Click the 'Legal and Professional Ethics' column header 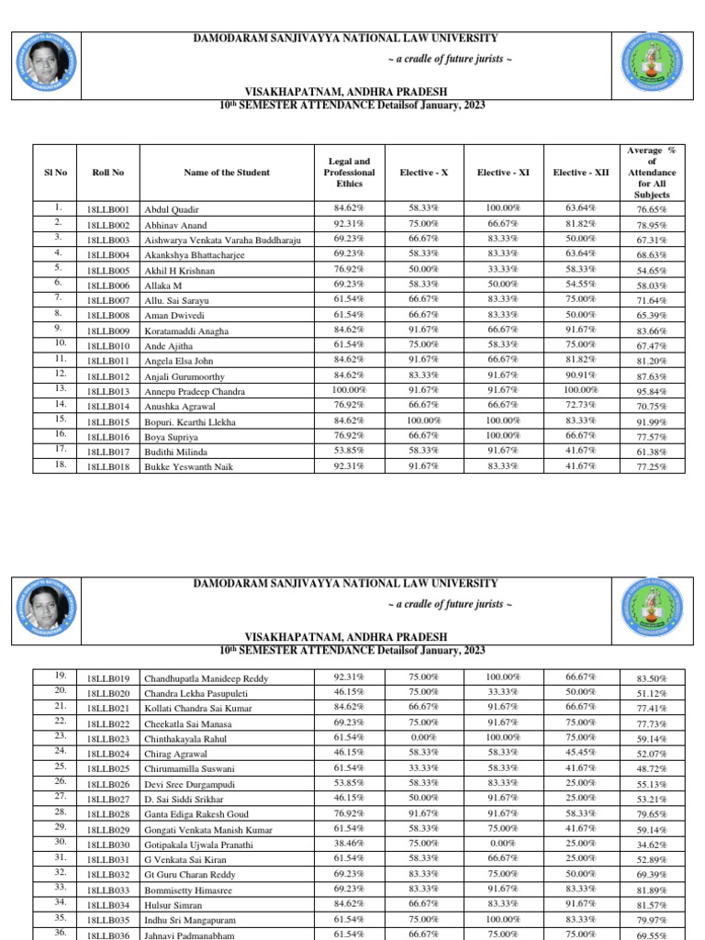click(349, 172)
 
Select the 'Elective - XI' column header click(501, 173)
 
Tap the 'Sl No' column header click(55, 172)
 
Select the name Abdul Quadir click(172, 209)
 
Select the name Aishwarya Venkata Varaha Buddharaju click(223, 240)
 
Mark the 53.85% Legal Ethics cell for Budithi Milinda click(349, 451)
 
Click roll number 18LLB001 click(107, 209)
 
